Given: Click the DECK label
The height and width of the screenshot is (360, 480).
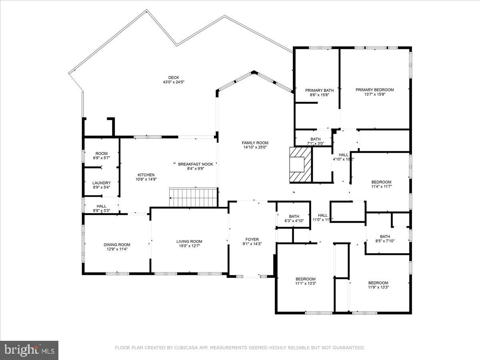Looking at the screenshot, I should (174, 78).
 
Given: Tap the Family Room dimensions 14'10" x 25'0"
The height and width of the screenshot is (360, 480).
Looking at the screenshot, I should (255, 147).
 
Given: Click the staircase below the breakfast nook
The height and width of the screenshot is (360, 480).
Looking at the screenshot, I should (193, 197).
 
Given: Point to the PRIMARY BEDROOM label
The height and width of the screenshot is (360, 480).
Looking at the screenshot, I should (374, 90).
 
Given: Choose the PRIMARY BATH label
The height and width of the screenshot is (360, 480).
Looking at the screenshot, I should (319, 90).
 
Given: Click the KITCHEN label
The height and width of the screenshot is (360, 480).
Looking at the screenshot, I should (146, 175).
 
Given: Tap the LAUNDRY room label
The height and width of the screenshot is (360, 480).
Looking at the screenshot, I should (101, 183).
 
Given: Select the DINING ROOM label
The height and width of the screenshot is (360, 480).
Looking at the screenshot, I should (117, 245).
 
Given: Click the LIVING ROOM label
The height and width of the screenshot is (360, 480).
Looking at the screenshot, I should (189, 241).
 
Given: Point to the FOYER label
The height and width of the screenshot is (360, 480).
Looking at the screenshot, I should (252, 239).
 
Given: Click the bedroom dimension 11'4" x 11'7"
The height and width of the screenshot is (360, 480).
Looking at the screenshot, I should (381, 186).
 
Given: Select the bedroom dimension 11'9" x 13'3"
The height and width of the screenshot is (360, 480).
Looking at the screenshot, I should (378, 287).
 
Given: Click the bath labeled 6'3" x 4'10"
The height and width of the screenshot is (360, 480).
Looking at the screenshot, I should (294, 221).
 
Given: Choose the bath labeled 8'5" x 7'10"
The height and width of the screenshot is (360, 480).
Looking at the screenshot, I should (385, 241).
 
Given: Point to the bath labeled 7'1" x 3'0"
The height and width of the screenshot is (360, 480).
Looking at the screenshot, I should (316, 143).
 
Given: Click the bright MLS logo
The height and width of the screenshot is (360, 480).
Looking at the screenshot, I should (29, 350).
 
